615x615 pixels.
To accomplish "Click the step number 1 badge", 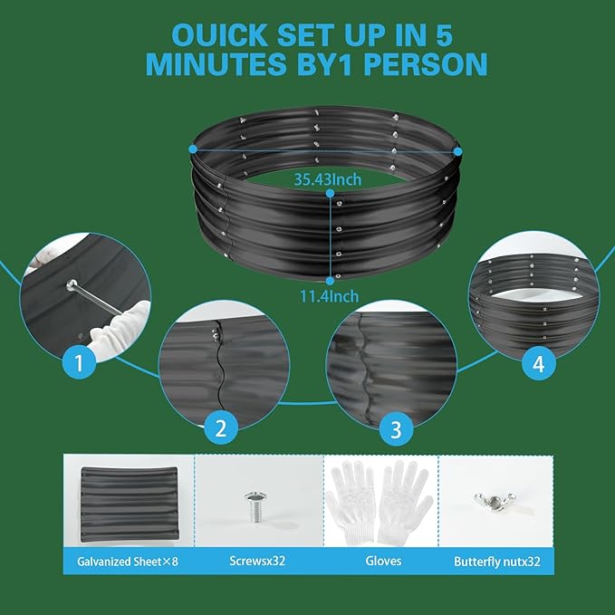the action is pos(79,362).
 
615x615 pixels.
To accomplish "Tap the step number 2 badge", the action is pos(221,428).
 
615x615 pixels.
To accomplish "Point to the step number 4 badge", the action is pos(539,363).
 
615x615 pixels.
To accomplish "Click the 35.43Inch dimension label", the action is pos(328,179).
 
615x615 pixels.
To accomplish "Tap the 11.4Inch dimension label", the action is pos(330,296).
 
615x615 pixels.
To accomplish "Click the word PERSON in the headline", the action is pos(426,63).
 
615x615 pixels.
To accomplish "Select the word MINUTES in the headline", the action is pos(216,63).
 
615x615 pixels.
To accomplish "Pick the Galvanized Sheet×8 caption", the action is pos(128,562).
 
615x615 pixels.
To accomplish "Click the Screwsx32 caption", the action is pos(257,561).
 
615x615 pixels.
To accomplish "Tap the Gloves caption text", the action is pos(383,561).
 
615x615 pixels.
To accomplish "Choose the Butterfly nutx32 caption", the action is pos(497,562).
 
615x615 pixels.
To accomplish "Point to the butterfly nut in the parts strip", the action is pos(495,501).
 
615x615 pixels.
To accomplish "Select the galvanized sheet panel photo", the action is pos(130,504).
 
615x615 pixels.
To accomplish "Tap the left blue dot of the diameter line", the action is pos(193,149).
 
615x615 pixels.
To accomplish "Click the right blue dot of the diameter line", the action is pos(457,151).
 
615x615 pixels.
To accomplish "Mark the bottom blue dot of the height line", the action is pos(331,281).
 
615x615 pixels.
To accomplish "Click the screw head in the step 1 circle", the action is pos(72,284).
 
